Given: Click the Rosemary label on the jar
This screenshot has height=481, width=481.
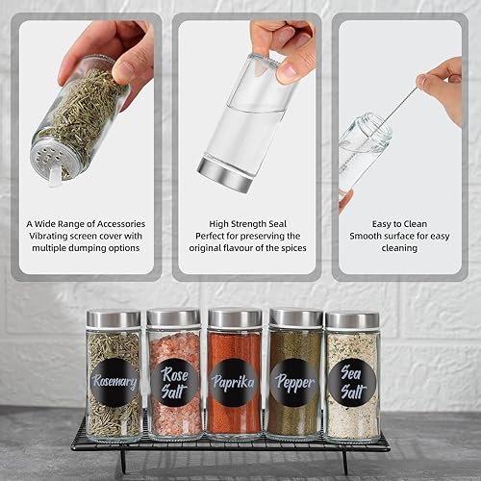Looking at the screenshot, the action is coord(114,382).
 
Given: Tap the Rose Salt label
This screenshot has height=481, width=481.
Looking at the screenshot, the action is coord(174,382).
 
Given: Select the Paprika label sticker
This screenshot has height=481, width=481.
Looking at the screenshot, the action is coord(234,382).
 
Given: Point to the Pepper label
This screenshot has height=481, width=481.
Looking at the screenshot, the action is coord(294,383).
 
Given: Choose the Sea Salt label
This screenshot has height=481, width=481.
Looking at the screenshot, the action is coord(352,383).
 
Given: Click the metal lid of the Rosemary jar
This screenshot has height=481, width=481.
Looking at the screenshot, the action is coord(114,319).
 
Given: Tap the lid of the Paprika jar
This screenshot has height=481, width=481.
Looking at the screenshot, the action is coord(235,317).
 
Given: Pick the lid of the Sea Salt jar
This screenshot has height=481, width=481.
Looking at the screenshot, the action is coord(352,320).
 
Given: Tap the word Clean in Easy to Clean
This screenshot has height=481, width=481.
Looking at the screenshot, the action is coord(416,224).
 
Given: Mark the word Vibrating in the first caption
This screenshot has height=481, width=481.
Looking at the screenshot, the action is coord(48,236).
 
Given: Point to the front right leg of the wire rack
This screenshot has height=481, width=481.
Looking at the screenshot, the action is coord(344,462).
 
